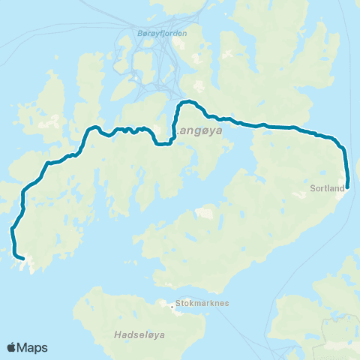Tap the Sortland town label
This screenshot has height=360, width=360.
click(326, 188)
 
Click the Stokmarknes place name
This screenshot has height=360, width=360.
click(196, 305)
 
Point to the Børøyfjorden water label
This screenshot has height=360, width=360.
click(162, 34)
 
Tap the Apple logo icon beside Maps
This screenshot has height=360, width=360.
click(12, 347)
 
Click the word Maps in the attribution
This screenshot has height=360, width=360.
click(34, 348)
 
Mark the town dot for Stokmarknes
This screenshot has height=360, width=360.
click(170, 304)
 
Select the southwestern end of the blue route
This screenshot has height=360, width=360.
click(24, 259)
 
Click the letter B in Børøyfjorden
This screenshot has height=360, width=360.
click(140, 34)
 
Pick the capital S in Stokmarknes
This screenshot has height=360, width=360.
click(177, 305)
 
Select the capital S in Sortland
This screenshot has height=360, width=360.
click(312, 188)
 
